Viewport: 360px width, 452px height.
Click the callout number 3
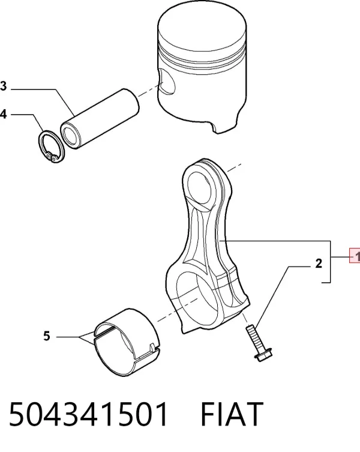pos(3,86)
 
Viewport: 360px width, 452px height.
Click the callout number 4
pos(3,114)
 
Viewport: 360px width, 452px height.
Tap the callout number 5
pos(47,336)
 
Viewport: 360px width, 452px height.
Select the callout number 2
pos(318,263)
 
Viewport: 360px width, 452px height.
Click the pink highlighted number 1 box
pos(355,255)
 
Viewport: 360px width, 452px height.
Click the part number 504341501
pos(88,414)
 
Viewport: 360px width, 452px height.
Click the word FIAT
pos(232,414)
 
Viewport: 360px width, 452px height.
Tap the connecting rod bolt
pos(259,343)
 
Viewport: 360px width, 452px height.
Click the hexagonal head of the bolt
pos(263,355)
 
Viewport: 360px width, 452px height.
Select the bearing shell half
pos(127,343)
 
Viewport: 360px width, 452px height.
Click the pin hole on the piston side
pos(167,82)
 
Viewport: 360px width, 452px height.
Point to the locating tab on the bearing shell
pos(153,348)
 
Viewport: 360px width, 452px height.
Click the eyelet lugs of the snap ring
pos(52,157)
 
